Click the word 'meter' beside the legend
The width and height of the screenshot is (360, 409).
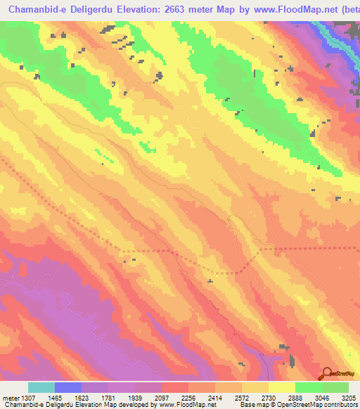coord(8,396)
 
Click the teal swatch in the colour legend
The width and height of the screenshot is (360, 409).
coord(41,387)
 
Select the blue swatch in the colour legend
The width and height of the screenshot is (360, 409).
coord(68,387)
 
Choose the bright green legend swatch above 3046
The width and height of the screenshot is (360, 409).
coord(309,387)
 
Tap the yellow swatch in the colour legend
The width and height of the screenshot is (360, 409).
coord(282,387)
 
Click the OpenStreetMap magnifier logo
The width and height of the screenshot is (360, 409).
coord(328,374)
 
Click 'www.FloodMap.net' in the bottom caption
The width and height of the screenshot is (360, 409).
coord(187,405)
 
